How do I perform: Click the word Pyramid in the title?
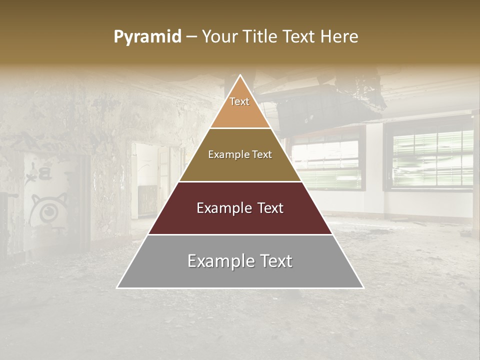pyautogui.click(x=147, y=37)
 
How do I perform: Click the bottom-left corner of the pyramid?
pyautogui.click(x=117, y=287)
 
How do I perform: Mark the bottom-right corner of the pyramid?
pyautogui.click(x=363, y=287)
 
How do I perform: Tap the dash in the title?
pyautogui.click(x=191, y=37)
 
